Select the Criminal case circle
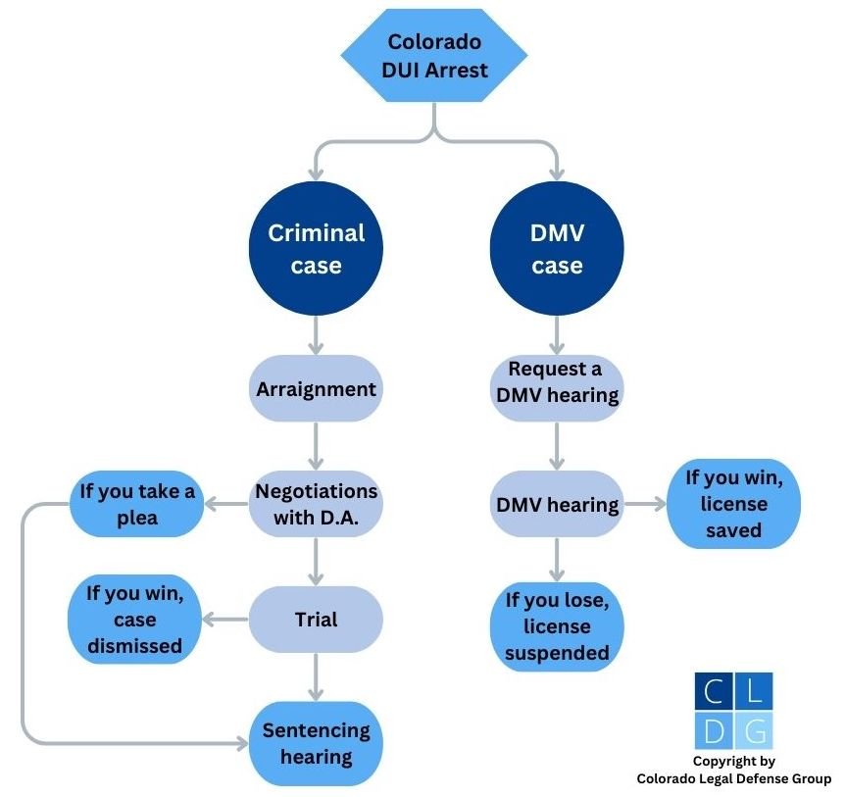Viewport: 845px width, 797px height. tap(316, 249)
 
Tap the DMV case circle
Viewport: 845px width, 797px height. tap(557, 249)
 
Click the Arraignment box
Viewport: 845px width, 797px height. tap(316, 389)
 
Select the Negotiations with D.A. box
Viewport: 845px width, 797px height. tap(316, 505)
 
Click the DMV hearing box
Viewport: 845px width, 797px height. tap(557, 505)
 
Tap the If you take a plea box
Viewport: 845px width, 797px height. tap(136, 505)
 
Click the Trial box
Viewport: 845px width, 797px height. tap(316, 620)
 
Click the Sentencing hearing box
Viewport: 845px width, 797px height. tap(316, 743)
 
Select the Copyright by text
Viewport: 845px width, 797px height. tap(733, 761)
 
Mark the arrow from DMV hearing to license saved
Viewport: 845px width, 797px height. tap(645, 505)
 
